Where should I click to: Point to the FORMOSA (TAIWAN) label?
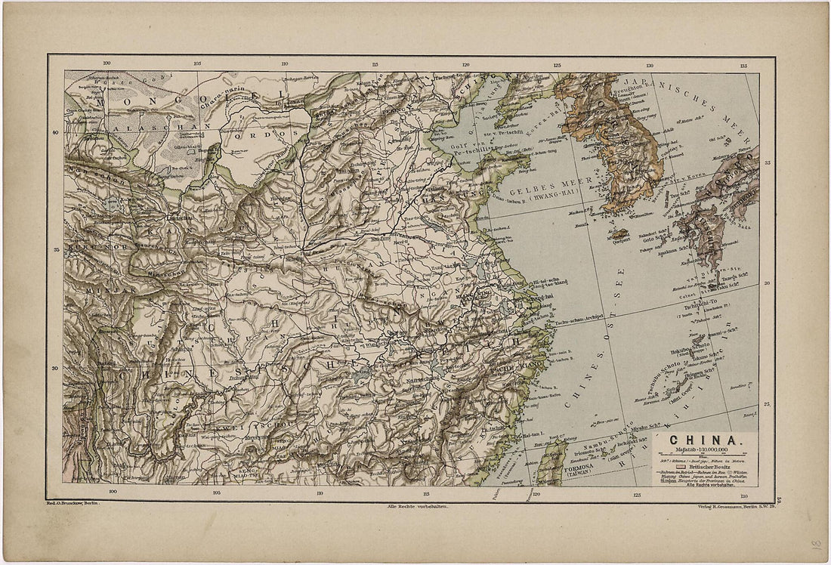[585, 471]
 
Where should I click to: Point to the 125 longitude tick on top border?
[558, 65]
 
